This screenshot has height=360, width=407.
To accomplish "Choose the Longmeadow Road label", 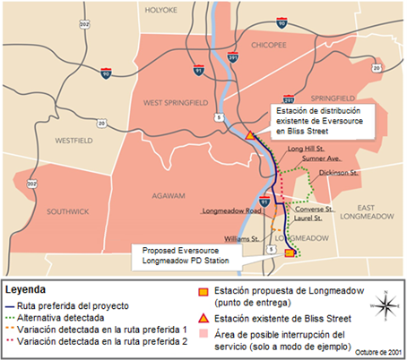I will [230, 211].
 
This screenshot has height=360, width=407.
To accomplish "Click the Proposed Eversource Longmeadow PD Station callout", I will [179, 257].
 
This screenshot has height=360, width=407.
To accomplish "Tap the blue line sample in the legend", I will [11, 305].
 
